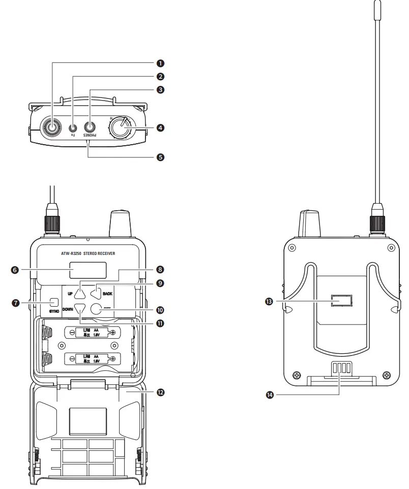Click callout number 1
[x=160, y=63]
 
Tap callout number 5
[x=160, y=157]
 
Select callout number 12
[x=160, y=392]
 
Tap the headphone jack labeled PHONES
[x=91, y=127]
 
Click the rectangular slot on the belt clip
[x=341, y=302]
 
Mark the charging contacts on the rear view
[x=340, y=369]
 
